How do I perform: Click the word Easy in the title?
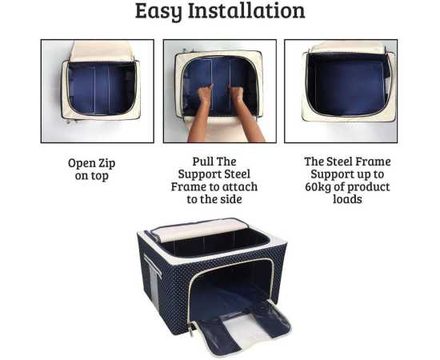point(158,12)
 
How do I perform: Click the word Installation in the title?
point(246,10)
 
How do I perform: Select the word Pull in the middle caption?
point(202,162)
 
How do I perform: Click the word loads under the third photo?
point(347,199)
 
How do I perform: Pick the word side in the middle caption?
point(231,199)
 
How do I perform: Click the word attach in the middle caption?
point(241,186)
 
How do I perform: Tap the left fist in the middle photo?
point(206,93)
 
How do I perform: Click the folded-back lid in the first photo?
point(102,51)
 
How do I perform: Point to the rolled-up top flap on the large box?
point(199,230)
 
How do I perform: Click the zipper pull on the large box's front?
point(192,330)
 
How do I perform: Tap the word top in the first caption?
point(99,177)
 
